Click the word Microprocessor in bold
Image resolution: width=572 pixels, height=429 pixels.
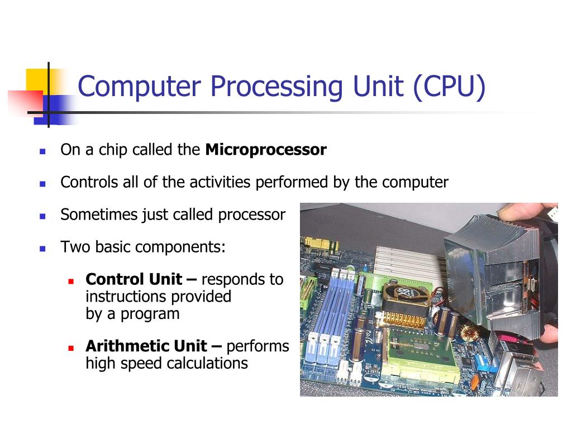(266, 150)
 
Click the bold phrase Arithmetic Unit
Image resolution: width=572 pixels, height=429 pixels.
(146, 346)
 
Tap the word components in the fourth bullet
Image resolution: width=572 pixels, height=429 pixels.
(179, 247)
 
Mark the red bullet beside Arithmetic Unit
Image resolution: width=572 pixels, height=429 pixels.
(71, 347)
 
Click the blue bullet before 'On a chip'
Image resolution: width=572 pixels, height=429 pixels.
(42, 151)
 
